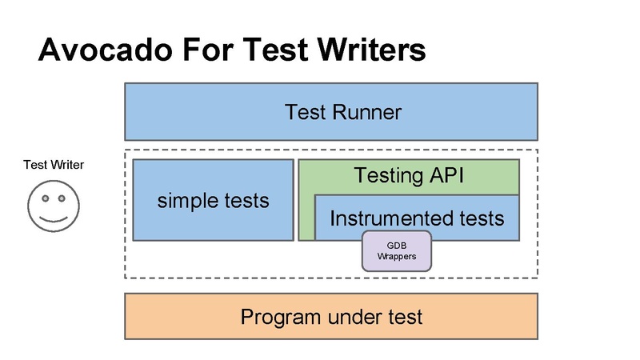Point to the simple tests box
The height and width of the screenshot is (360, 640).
click(213, 200)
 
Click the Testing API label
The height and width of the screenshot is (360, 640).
click(409, 175)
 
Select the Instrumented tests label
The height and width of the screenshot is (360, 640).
click(417, 218)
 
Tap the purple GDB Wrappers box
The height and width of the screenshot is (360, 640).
click(397, 250)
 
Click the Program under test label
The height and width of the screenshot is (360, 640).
click(331, 317)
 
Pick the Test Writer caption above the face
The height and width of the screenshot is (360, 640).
click(54, 165)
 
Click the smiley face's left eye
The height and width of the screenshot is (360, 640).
click(45, 198)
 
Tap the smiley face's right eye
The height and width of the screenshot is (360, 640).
click(63, 198)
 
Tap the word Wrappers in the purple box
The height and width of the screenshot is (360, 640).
click(397, 257)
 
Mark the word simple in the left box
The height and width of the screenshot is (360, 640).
click(182, 200)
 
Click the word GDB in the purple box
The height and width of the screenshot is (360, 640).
click(397, 245)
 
